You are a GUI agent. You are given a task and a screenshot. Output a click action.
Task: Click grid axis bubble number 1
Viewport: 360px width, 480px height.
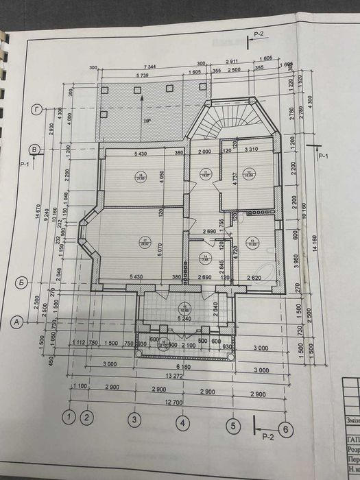pyautogui.click(x=69, y=416)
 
